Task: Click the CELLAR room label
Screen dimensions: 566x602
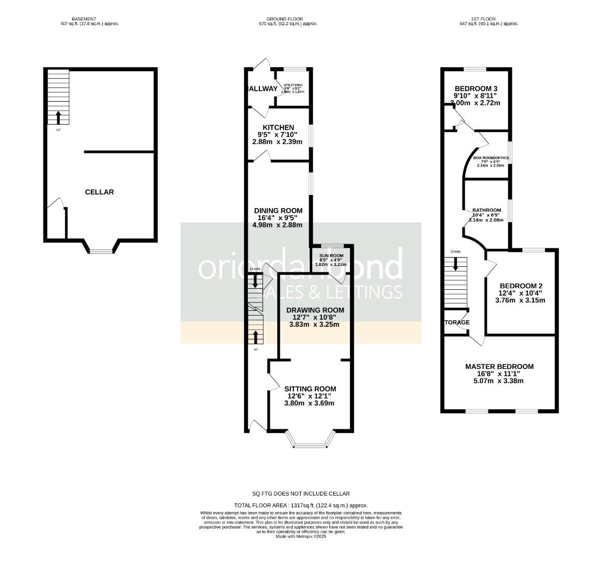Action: click(x=99, y=192)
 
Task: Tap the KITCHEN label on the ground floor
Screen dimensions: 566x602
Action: click(x=278, y=127)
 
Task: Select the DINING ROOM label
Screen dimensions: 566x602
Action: click(x=278, y=211)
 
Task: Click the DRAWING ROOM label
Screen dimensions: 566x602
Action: click(x=315, y=310)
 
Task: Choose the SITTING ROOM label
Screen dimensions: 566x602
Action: click(x=310, y=389)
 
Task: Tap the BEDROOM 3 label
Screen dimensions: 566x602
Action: click(x=476, y=88)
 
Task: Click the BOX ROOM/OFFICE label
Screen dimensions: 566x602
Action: click(x=491, y=157)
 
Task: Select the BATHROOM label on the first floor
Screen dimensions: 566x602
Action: click(x=487, y=210)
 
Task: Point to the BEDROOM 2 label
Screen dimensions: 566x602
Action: click(x=520, y=286)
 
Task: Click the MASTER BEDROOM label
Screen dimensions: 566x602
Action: click(x=499, y=367)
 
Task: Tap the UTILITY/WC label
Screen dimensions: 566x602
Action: click(x=293, y=85)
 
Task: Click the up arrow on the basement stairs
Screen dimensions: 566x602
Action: click(x=58, y=117)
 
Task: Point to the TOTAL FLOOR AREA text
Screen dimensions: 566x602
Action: click(x=301, y=505)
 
